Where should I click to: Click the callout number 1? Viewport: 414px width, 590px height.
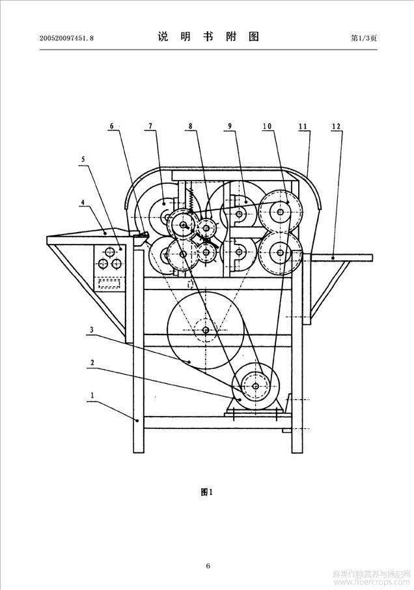pos(92,396)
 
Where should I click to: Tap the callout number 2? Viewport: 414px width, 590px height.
pos(92,363)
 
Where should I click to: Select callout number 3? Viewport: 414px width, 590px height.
pos(92,330)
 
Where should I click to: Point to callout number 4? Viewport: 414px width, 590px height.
pos(83,203)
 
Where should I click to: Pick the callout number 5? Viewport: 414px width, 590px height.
pos(83,160)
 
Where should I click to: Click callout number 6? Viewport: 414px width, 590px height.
pos(111,126)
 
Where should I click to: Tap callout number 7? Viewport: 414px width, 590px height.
pos(150,126)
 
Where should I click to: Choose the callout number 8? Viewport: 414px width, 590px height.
pos(191,126)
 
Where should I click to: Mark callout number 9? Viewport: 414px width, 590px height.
pos(230,126)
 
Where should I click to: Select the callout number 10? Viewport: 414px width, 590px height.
pos(267,126)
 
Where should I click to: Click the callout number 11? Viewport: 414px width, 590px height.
pos(303,126)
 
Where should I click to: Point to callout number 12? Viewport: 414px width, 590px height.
pos(337,126)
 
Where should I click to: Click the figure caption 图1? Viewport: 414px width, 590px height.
pos(207,492)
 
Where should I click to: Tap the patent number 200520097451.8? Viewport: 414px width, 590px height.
pos(66,38)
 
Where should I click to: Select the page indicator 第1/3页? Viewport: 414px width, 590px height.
pos(364,38)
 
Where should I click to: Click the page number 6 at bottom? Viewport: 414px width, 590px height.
pos(208,565)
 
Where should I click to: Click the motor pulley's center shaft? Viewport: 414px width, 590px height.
pos(255,386)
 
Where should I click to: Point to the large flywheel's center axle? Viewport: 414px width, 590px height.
pos(206,331)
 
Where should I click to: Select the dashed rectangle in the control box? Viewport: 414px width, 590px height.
pos(109,283)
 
